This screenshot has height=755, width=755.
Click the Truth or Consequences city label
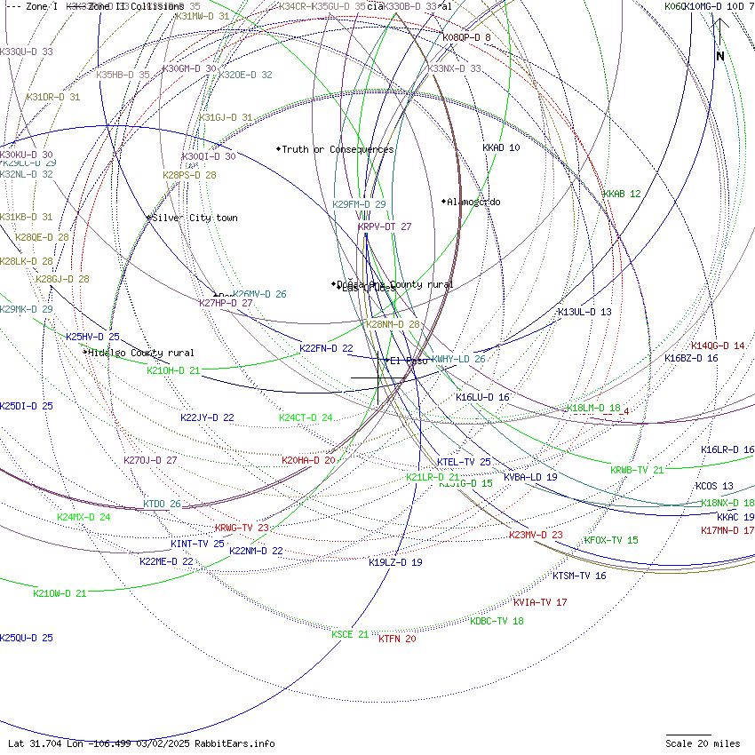pos(338,149)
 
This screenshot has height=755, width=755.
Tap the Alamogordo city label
pos(473,202)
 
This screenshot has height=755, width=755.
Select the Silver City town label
pos(195,218)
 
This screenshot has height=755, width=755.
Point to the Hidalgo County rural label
pos(140,353)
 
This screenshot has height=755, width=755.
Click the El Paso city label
pos(409,361)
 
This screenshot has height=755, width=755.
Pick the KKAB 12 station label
pos(622,194)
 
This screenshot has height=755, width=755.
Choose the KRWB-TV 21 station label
pos(637,470)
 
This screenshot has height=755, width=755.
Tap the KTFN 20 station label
pos(397,639)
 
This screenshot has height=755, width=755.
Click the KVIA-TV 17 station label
pos(540,602)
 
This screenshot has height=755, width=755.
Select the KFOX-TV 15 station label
pos(611,540)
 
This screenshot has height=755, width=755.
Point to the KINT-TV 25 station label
pos(197,544)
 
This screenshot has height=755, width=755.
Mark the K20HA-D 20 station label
pos(308,460)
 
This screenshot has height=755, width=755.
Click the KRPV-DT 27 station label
pos(385,226)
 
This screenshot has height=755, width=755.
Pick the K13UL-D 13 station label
pos(584,312)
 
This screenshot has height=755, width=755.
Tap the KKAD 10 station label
pos(501,147)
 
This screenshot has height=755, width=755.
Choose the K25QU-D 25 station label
pos(27,638)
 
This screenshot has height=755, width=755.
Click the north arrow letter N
pos(720,56)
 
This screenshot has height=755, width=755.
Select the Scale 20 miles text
pos(703,743)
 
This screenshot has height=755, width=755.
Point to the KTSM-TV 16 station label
pos(579,576)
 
